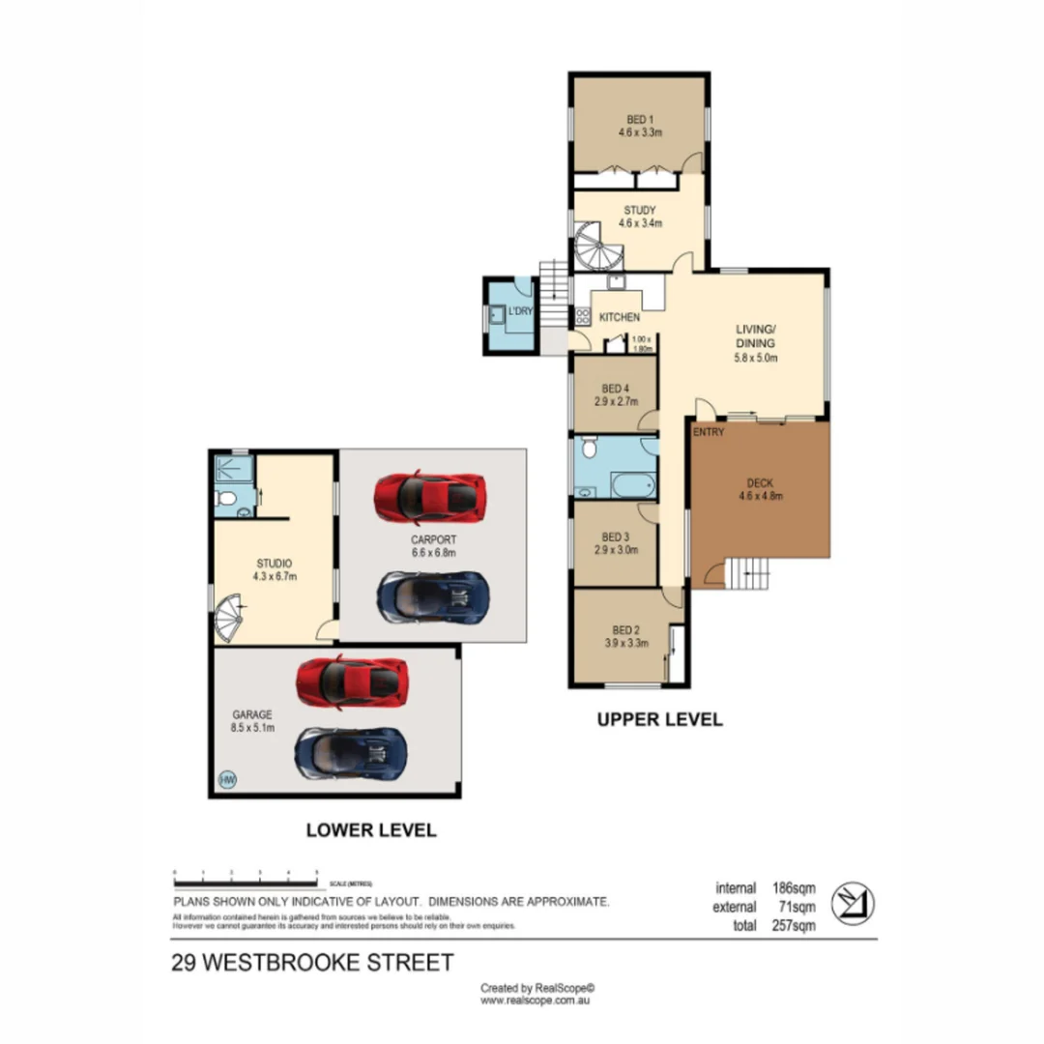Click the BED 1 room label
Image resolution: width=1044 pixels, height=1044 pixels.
(x=635, y=120)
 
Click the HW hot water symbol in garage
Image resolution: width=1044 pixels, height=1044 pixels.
(x=228, y=779)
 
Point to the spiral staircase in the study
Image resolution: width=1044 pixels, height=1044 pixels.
(x=599, y=246)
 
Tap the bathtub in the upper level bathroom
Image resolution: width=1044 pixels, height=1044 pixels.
(x=633, y=483)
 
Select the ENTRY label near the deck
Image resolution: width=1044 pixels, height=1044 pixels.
(x=708, y=432)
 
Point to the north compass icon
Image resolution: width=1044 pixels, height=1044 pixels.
(x=855, y=901)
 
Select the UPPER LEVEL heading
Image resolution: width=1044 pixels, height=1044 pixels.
(x=659, y=719)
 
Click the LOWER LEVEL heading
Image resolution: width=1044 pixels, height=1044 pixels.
(x=371, y=829)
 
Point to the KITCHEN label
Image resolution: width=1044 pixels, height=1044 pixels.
(x=620, y=317)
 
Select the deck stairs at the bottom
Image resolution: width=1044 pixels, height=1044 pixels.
(x=749, y=575)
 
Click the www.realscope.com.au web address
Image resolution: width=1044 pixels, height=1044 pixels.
(x=536, y=1001)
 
